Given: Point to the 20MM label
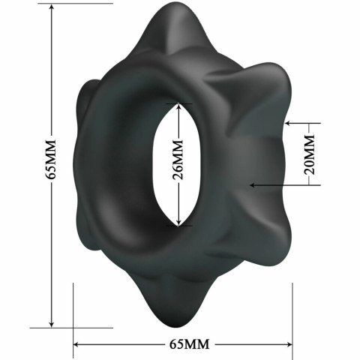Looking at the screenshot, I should tap(309, 153).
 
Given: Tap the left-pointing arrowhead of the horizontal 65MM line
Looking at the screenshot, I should tap(78, 344).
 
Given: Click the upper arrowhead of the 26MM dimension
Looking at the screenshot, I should tap(178, 107).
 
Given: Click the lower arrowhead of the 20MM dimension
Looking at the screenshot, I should tap(254, 184).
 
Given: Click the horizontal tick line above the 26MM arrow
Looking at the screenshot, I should tap(178, 103).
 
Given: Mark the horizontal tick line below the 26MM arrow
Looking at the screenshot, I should tap(178, 226).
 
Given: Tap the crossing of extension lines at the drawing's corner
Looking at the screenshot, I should tap(73, 328).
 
